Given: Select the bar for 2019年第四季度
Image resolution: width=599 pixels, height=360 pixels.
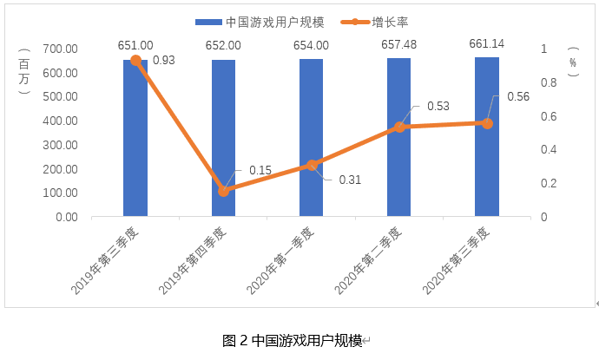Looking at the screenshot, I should click(x=223, y=139).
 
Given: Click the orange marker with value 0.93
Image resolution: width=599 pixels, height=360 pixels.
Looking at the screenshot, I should click(x=135, y=61).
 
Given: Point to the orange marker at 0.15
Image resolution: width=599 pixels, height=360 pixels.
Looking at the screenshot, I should click(x=223, y=191).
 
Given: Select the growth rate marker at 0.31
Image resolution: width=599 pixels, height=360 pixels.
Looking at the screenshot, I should click(x=311, y=165).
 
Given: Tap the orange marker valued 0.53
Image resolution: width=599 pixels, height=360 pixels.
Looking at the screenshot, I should click(x=399, y=127).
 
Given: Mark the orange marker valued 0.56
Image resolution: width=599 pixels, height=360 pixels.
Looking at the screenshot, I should click(x=487, y=123).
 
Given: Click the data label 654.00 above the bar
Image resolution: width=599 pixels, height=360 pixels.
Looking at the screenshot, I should click(x=311, y=45).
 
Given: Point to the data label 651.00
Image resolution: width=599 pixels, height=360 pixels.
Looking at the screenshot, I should click(x=135, y=45).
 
